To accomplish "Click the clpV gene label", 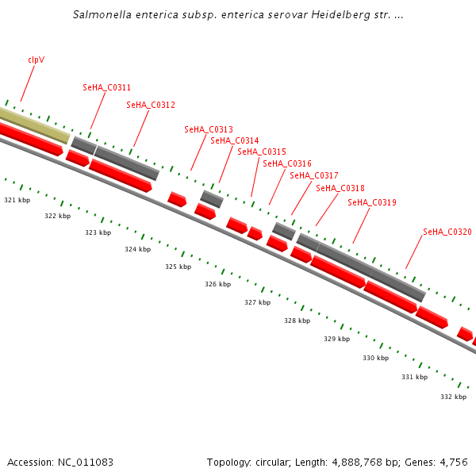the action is point(36,59).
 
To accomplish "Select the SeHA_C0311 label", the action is point(107,87).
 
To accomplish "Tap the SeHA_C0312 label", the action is point(151,105).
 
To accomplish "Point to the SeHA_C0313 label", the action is point(209,129).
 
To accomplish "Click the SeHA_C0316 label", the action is point(287,163).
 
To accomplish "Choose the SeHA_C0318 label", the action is point(340,188).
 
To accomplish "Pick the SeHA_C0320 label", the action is point(447,232).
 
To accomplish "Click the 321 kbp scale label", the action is point(17,200).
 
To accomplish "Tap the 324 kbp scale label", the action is point(137,249).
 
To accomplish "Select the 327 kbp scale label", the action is point(257,302).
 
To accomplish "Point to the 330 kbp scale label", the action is point(376,358).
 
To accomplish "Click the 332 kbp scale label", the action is point(453,396).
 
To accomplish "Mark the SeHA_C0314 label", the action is point(235,140).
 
